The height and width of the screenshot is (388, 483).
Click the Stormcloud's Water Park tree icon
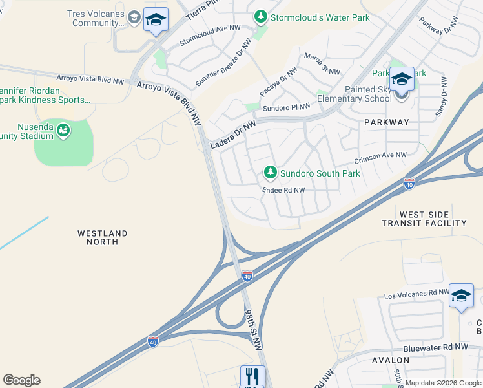point(260,16)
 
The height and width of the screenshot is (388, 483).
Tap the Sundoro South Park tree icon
point(271,172)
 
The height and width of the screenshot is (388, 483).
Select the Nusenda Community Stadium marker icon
point(63,131)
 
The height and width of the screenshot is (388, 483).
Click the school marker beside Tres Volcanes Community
point(155,21)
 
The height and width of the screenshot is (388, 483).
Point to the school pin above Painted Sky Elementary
point(401,80)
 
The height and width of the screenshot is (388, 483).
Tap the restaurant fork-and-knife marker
point(252,377)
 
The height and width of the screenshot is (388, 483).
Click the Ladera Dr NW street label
point(232,135)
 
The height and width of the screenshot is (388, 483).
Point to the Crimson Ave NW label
point(380,156)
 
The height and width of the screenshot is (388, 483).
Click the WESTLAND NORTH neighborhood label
point(102,237)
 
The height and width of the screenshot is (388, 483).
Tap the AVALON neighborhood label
point(391,360)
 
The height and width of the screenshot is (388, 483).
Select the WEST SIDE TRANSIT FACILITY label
point(433,219)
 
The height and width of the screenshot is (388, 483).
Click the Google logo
point(21,380)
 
